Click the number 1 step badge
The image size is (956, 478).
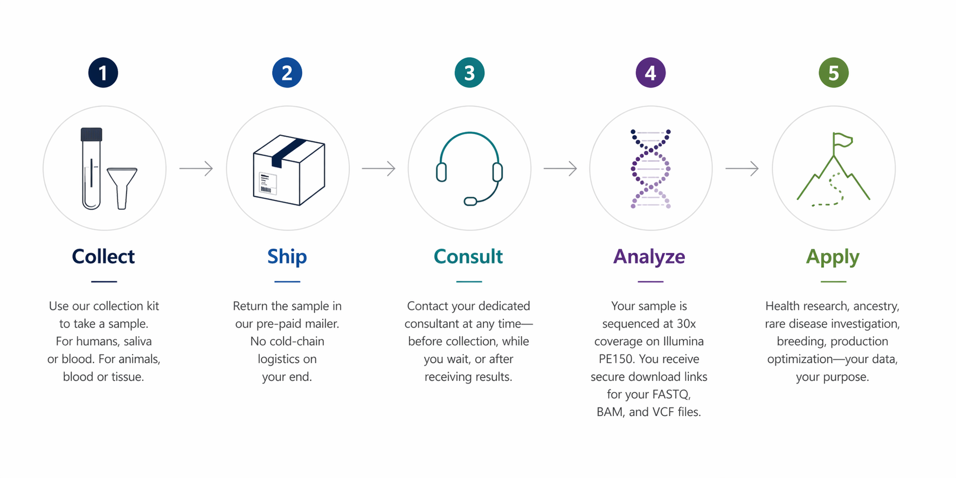pyautogui.click(x=103, y=73)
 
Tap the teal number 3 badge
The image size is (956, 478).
pyautogui.click(x=469, y=73)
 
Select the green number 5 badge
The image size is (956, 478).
pyautogui.click(x=833, y=73)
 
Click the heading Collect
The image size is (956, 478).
pyautogui.click(x=103, y=257)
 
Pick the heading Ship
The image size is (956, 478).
pyautogui.click(x=287, y=257)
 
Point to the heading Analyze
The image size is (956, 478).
pyautogui.click(x=649, y=257)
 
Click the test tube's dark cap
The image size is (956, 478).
pyautogui.click(x=92, y=134)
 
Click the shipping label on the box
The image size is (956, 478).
pyautogui.click(x=267, y=183)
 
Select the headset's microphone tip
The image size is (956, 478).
pyautogui.click(x=470, y=202)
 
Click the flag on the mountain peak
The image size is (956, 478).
pyautogui.click(x=842, y=140)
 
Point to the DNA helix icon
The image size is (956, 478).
pyautogui.click(x=650, y=169)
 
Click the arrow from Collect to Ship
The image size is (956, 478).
pyautogui.click(x=196, y=169)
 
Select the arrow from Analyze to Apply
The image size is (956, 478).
pyautogui.click(x=742, y=169)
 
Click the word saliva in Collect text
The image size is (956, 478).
pyautogui.click(x=137, y=342)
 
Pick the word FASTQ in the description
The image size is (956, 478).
pyautogui.click(x=671, y=394)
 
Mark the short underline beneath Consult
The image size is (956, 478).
pyautogui.click(x=469, y=281)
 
